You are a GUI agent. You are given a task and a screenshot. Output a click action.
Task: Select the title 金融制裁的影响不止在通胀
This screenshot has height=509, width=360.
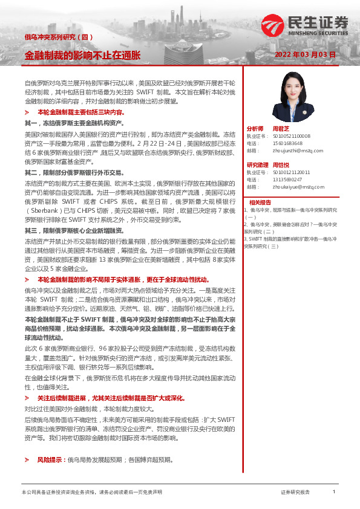tap(82, 55)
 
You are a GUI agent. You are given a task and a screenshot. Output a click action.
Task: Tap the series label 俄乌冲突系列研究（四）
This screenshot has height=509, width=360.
tap(59, 37)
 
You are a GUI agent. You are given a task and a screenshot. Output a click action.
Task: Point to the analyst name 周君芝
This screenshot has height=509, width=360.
tap(282, 129)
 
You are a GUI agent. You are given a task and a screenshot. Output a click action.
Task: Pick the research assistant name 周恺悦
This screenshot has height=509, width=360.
tap(282, 165)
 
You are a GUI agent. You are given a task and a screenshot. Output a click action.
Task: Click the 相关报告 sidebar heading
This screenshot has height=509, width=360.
tap(261, 202)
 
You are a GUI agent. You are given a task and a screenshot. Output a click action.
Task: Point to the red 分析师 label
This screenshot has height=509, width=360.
tap(255, 129)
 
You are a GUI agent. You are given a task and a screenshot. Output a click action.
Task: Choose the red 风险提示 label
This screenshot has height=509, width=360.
tap(51, 460)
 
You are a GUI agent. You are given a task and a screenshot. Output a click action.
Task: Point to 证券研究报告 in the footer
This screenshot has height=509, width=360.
tap(295, 492)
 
